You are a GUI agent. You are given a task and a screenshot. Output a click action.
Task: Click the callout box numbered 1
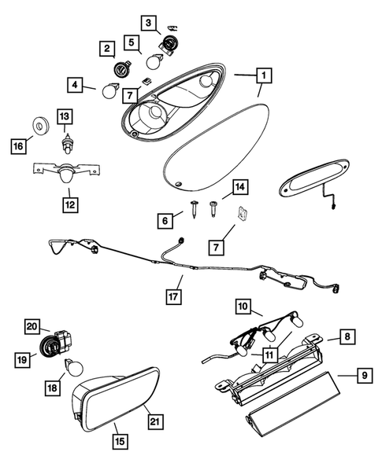pyautogui.click(x=264, y=75)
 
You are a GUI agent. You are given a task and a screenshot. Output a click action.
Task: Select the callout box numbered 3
pyautogui.click(x=148, y=23)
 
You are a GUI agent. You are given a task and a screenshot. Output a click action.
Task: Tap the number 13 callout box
pyautogui.click(x=65, y=116)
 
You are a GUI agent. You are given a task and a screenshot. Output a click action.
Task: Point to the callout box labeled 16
pyautogui.click(x=19, y=146)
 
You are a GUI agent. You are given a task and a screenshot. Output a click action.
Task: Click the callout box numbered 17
pyautogui.click(x=173, y=296)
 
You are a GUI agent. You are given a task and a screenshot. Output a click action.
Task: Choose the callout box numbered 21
pyautogui.click(x=155, y=421)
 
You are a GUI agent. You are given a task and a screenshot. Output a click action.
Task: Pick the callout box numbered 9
pyautogui.click(x=365, y=375)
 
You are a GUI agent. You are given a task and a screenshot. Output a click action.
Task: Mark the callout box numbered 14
pyautogui.click(x=240, y=187)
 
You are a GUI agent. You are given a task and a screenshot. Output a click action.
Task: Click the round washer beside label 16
pyautogui.click(x=40, y=126)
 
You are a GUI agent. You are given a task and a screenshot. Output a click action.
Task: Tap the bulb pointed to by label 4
pyautogui.click(x=109, y=90)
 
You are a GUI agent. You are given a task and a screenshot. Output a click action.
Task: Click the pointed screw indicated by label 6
pyautogui.click(x=194, y=209)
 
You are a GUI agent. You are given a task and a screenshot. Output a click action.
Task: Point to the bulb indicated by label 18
pyautogui.click(x=74, y=366)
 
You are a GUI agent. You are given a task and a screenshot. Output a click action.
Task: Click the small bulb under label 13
pyautogui.click(x=67, y=145)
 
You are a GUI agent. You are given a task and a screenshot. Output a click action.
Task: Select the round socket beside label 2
pyautogui.click(x=121, y=69)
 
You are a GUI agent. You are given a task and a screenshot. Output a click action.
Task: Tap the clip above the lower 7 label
pyautogui.click(x=242, y=214)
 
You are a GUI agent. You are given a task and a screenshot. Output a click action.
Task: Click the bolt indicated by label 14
pyautogui.click(x=213, y=209)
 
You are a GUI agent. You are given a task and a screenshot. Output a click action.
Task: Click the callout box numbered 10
pyautogui.click(x=243, y=307)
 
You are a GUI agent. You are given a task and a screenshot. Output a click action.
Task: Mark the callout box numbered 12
pyautogui.click(x=70, y=204)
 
